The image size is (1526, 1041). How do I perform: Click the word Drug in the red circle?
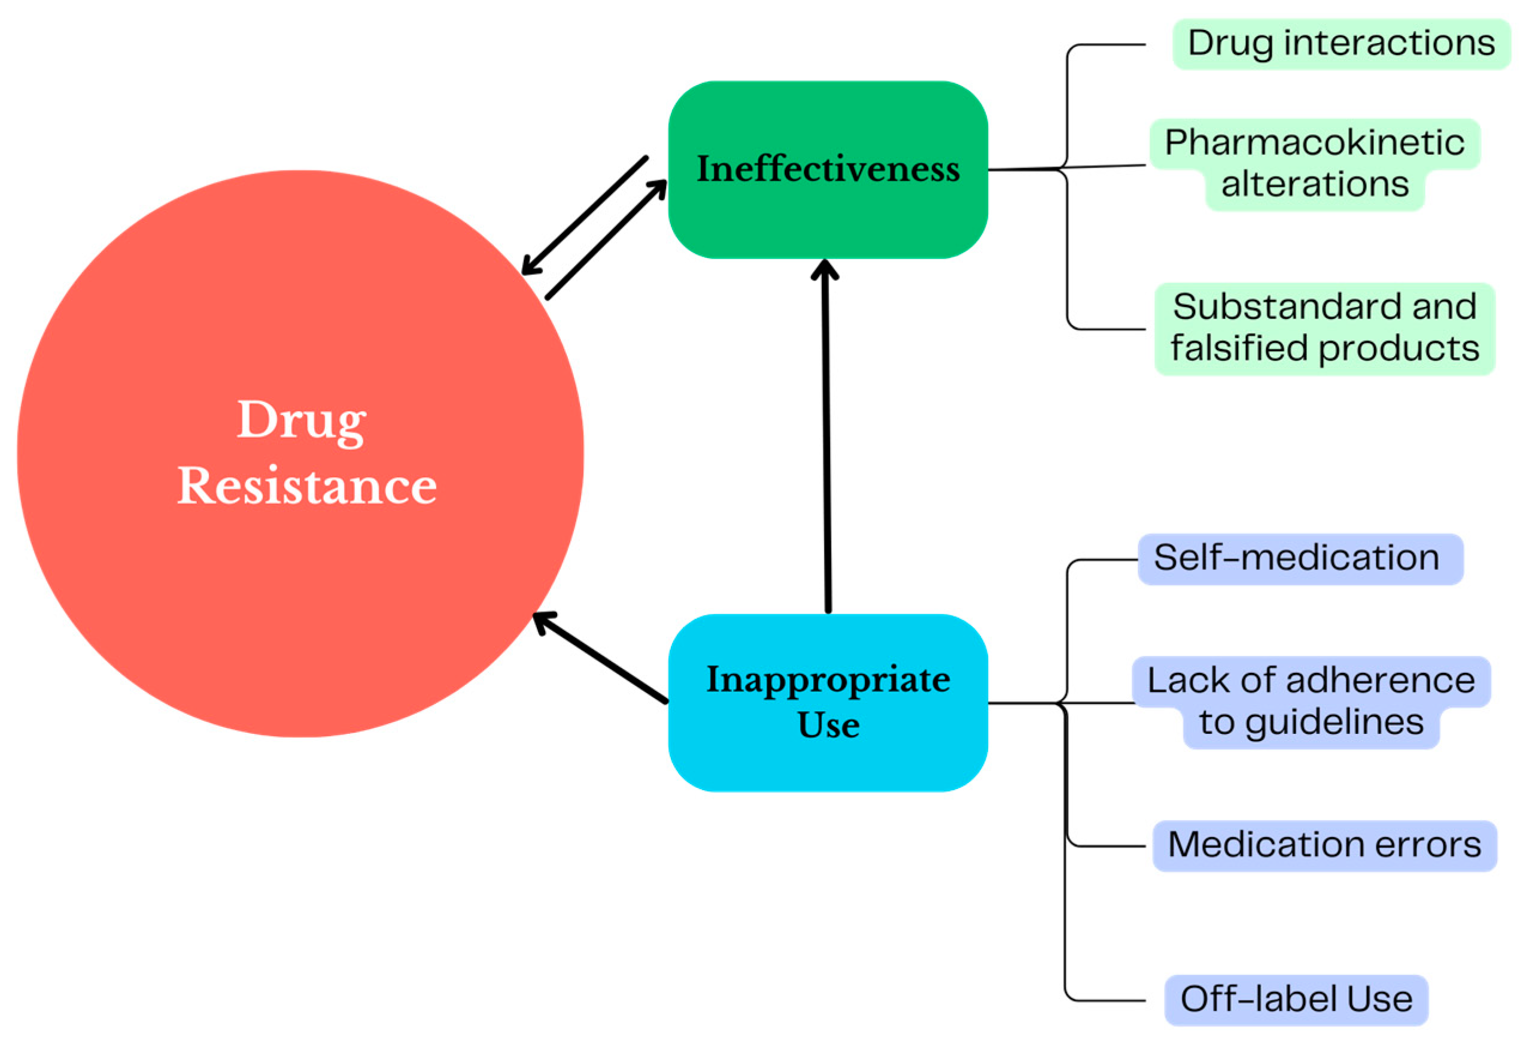tap(302, 421)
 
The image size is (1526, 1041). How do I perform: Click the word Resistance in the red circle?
tap(306, 487)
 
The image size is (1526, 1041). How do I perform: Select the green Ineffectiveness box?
tap(828, 217)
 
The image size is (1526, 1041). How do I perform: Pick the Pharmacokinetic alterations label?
tap(1314, 163)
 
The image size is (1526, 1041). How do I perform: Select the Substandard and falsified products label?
tap(1324, 329)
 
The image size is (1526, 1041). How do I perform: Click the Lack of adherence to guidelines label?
tap(1311, 701)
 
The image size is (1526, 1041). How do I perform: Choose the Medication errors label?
tap(1324, 845)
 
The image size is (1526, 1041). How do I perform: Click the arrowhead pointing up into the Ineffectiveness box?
tap(825, 269)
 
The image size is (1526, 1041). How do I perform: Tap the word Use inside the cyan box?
tap(828, 725)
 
